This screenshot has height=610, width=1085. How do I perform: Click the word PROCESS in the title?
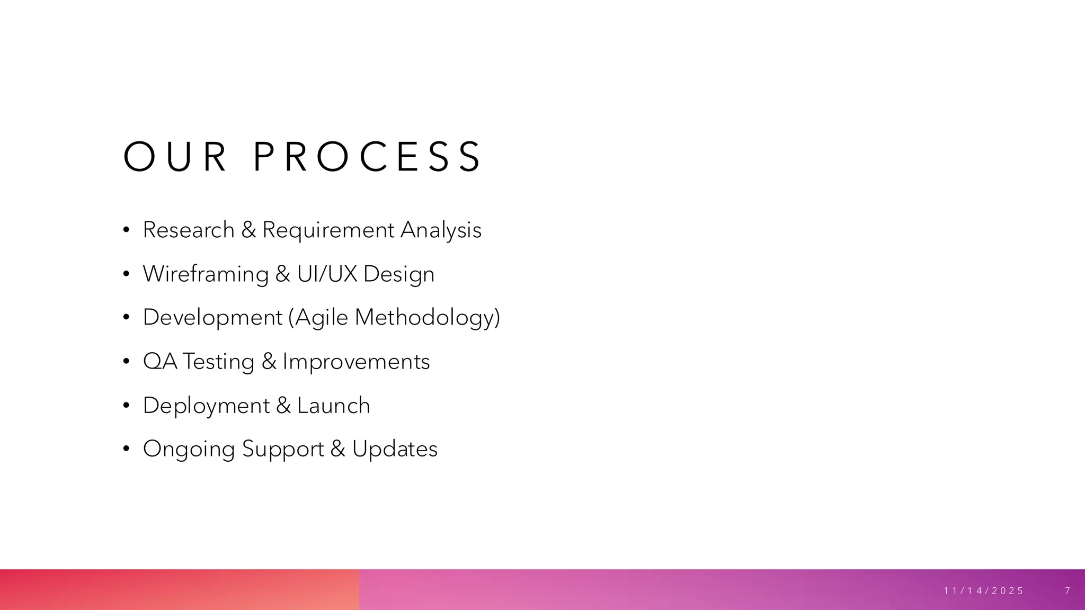click(x=367, y=157)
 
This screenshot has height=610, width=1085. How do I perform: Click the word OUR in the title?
click(x=175, y=157)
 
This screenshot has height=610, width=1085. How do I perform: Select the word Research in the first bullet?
click(x=189, y=230)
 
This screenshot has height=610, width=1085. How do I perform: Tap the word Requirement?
click(x=328, y=230)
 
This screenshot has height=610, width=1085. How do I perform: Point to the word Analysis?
click(x=441, y=230)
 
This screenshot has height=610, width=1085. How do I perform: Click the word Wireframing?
click(x=206, y=274)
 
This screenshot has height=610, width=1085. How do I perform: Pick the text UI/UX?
click(x=327, y=274)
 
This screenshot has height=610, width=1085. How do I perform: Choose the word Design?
click(x=399, y=274)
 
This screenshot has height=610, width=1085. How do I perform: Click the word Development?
click(x=212, y=318)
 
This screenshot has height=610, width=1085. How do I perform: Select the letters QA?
click(x=160, y=362)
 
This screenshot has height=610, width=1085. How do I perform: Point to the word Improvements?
click(x=356, y=362)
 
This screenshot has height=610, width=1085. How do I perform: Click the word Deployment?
click(x=206, y=406)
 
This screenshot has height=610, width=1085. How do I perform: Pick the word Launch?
click(x=333, y=406)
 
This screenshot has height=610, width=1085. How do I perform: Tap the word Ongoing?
click(x=189, y=450)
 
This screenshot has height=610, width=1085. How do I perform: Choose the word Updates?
click(x=395, y=449)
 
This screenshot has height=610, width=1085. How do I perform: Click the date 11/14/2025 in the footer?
click(x=984, y=591)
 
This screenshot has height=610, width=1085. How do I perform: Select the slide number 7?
click(x=1068, y=591)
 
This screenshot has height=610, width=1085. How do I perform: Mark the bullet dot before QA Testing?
click(x=126, y=362)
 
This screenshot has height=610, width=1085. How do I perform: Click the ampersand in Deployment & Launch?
click(x=283, y=406)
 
